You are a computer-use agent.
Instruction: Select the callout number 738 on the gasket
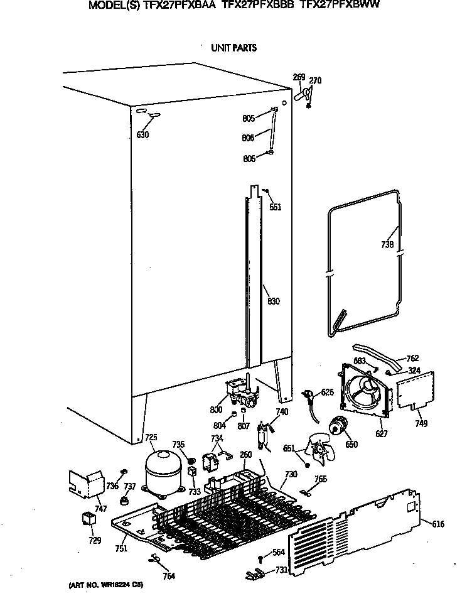tap(387, 245)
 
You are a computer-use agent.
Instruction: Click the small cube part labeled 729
tap(88, 519)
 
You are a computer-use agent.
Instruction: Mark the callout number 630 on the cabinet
tap(142, 134)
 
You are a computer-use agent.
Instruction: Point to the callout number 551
tap(275, 207)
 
